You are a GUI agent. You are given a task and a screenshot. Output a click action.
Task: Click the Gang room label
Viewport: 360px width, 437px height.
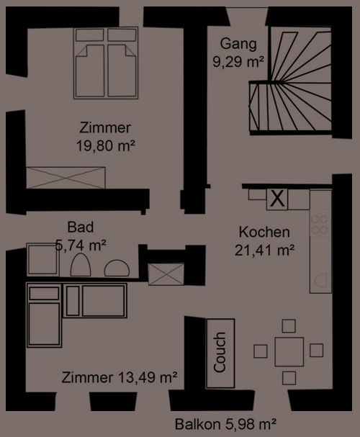click(x=238, y=44)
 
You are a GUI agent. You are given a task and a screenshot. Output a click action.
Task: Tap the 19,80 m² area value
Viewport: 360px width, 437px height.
click(x=106, y=145)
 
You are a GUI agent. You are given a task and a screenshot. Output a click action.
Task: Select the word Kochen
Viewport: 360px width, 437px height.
click(x=264, y=232)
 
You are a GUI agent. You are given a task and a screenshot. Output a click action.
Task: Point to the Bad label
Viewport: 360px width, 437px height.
click(x=80, y=227)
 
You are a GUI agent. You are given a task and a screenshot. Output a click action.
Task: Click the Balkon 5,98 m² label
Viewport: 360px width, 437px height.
click(x=225, y=424)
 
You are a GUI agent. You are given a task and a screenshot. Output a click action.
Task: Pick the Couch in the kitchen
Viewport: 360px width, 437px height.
click(x=220, y=353)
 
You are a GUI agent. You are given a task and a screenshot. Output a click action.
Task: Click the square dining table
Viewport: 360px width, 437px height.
click(x=289, y=351)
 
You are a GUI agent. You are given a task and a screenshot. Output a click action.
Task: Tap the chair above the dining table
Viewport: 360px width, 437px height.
click(x=289, y=326)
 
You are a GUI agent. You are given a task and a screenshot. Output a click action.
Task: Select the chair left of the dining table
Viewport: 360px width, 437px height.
click(x=260, y=351)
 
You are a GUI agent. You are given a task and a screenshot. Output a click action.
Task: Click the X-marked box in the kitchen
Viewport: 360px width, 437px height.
click(x=277, y=199)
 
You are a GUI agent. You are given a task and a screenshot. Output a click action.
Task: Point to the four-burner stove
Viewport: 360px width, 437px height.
click(x=320, y=225)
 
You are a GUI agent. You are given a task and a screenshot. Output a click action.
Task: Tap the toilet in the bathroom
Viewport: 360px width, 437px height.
click(x=81, y=265)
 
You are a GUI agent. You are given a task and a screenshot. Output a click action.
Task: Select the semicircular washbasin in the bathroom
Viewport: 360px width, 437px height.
click(x=117, y=268)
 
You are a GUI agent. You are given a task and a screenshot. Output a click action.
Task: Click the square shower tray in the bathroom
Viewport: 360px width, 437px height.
click(x=42, y=259)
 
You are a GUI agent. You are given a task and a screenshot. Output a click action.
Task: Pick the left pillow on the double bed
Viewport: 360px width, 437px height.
click(x=90, y=35)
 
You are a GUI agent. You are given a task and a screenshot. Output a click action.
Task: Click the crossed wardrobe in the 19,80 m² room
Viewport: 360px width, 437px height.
click(x=66, y=178)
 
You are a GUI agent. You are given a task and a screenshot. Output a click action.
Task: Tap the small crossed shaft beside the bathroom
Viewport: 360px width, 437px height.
click(x=166, y=274)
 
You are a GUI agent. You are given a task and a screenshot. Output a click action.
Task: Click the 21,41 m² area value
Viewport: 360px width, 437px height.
click(x=264, y=250)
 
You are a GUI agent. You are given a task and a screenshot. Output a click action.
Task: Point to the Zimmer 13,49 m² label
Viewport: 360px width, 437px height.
click(x=120, y=377)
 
